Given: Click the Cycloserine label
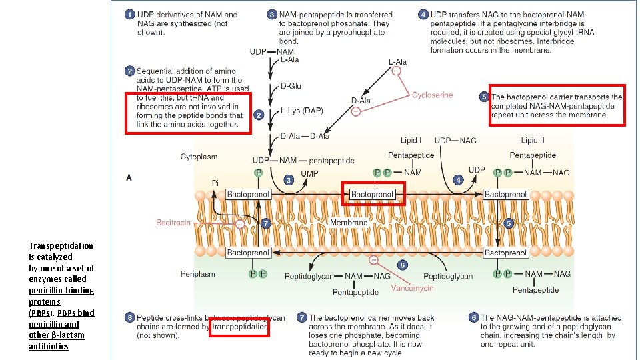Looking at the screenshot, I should click(432, 95).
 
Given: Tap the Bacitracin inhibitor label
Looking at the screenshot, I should click(173, 223).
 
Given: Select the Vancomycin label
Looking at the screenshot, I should click(412, 288).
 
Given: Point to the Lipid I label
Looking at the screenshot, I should click(411, 140).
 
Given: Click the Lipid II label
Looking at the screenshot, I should click(533, 140).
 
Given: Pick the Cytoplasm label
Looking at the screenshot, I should click(199, 157).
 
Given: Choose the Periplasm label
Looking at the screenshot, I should click(198, 273).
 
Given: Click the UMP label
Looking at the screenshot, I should click(309, 173).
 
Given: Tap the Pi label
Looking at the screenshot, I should click(215, 183).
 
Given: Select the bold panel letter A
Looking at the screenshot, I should click(129, 177).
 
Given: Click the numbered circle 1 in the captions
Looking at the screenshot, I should click(129, 14).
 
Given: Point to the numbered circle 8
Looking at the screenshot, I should click(129, 317).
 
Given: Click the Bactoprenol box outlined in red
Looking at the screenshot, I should click(373, 194).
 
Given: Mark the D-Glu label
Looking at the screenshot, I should click(291, 86).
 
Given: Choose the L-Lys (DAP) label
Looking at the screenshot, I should click(301, 111).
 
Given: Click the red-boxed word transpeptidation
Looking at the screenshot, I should click(239, 327).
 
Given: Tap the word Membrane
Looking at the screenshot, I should click(348, 223).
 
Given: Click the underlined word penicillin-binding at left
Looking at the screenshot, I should click(61, 290).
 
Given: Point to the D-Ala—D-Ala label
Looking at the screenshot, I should click(305, 136).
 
